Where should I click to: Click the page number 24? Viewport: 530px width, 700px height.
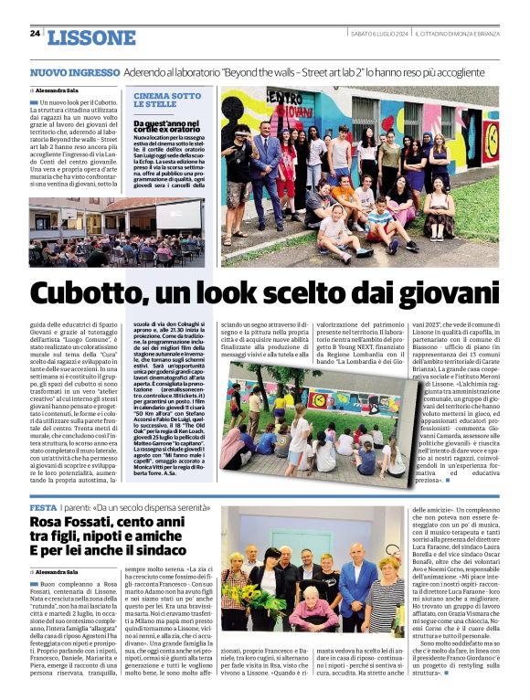coord(35,34)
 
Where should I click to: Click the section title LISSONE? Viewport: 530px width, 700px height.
coord(90,37)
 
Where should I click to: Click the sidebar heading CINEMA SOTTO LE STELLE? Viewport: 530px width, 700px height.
coord(167,100)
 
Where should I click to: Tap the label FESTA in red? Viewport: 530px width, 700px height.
coord(44,507)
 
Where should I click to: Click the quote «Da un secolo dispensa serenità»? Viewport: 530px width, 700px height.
coord(147,507)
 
